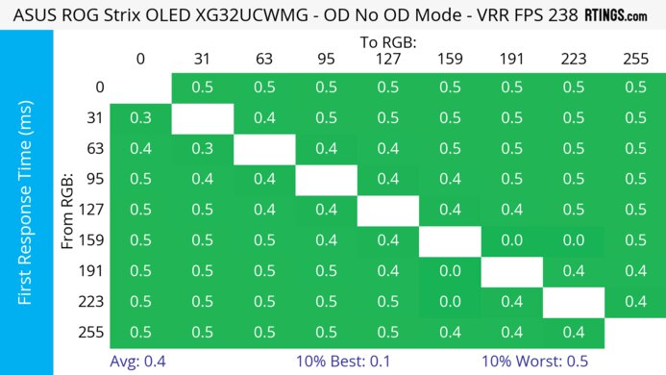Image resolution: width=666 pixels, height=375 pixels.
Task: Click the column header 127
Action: pyautogui.click(x=387, y=58)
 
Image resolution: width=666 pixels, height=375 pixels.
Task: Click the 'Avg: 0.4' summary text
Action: pyautogui.click(x=140, y=362)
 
